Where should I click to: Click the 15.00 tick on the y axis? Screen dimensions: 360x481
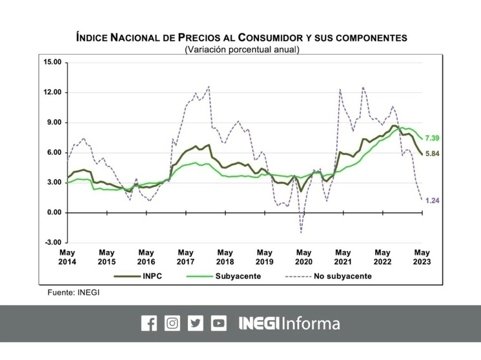[x=52, y=62]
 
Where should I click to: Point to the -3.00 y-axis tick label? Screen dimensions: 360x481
[x=52, y=243]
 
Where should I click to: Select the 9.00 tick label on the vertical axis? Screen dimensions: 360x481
[x=54, y=123]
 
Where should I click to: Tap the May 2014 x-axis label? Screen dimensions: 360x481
[x=67, y=257]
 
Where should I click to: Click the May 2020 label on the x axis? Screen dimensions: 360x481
[x=303, y=257]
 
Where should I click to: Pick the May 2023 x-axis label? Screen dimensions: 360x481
[x=422, y=257]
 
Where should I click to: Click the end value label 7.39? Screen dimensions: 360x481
[x=433, y=139]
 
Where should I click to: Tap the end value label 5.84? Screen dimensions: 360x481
[x=433, y=154]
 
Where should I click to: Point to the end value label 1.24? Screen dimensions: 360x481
[x=433, y=201]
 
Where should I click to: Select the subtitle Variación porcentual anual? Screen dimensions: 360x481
[x=241, y=49]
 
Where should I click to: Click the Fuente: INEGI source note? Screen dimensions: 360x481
[x=74, y=292]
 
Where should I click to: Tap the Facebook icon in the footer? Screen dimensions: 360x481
[x=148, y=323]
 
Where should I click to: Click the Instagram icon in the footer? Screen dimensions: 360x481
[x=172, y=323]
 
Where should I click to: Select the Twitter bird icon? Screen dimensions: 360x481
[x=195, y=323]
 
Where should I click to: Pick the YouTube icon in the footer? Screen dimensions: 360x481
[x=219, y=323]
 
